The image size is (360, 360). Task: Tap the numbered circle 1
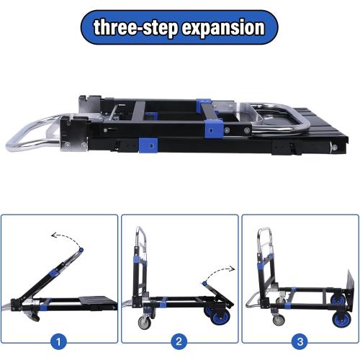point(60,339)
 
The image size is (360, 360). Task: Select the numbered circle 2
point(180,339)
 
